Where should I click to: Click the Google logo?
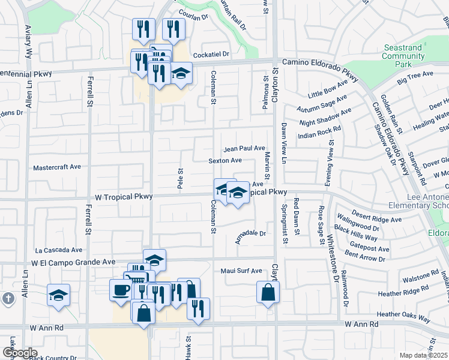(19, 353)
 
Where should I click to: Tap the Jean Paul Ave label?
(244, 148)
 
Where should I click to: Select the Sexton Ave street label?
(225, 161)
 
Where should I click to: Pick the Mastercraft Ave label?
(57, 167)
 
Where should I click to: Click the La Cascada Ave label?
(58, 250)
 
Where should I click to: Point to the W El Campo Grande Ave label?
(70, 262)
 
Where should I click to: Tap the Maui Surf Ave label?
(241, 271)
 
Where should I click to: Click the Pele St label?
(179, 177)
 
